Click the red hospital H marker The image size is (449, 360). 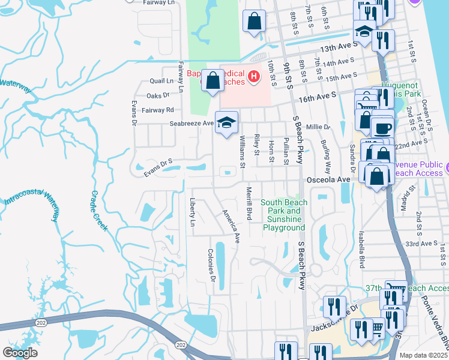[254, 76]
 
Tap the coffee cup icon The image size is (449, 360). [383, 128]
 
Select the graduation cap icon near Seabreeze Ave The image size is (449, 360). [226, 123]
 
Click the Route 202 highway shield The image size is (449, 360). [180, 346]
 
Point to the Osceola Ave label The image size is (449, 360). [328, 179]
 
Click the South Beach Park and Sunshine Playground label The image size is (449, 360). [283, 215]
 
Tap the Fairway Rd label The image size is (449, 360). [161, 110]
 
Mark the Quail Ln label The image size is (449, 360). [161, 81]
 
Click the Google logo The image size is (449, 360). [20, 353]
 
